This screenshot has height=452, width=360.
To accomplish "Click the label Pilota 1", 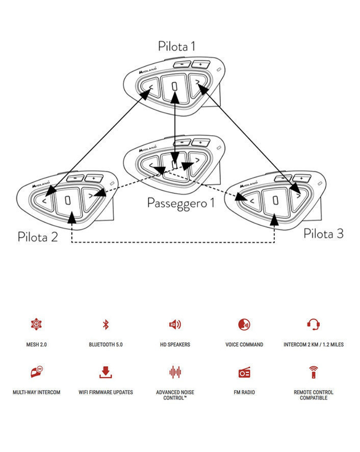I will (176, 46).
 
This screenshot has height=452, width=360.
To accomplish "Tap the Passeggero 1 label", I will (181, 203).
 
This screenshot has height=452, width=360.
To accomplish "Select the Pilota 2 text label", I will (38, 236).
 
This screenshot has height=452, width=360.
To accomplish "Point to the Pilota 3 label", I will (323, 234).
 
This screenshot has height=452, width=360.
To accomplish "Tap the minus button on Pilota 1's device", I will (181, 65).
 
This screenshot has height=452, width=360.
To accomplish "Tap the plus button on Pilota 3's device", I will (300, 178).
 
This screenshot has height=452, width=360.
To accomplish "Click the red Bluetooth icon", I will (106, 324).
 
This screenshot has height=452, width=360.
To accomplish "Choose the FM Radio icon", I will (244, 372).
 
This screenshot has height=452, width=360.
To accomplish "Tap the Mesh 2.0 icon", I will (36, 324).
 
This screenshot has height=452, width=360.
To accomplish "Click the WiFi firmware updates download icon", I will (106, 372).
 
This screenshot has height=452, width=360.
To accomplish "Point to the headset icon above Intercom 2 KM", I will (314, 324).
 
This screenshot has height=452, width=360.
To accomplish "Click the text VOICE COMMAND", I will (244, 345).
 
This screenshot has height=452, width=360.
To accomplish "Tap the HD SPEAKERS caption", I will (175, 345).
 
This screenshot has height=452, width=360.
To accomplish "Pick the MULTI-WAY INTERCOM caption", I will (36, 392).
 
